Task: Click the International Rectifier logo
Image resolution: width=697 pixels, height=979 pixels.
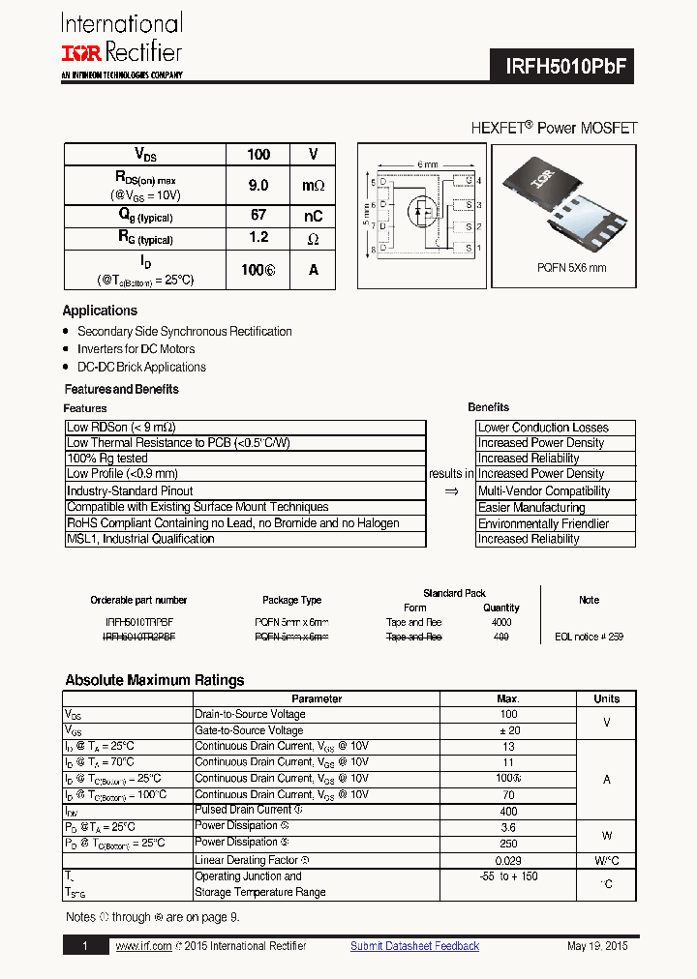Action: coord(121,44)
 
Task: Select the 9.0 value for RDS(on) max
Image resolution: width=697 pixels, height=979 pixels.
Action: coord(258,185)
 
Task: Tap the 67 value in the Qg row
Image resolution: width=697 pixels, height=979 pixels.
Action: coord(258,216)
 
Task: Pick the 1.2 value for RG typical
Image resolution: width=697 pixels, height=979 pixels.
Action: coord(258,238)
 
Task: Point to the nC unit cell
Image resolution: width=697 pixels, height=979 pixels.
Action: coord(313,216)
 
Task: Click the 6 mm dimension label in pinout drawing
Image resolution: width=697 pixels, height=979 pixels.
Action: coord(428,164)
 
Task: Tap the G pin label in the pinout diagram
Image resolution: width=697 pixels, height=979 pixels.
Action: coord(468,181)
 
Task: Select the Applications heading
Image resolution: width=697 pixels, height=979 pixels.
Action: coord(100,311)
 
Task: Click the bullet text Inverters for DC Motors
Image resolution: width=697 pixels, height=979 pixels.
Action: coord(136,349)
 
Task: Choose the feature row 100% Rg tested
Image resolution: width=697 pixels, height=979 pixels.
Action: coord(107,459)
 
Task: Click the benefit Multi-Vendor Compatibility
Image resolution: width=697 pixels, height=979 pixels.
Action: coord(544,491)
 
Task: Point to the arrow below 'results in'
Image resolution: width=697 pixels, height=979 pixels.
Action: coord(451,491)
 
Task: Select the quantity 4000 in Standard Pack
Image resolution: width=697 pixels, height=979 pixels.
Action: coord(501,623)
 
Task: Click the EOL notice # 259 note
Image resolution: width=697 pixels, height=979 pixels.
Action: coord(589,638)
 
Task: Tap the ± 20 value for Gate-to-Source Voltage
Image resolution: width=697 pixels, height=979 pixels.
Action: coord(508,730)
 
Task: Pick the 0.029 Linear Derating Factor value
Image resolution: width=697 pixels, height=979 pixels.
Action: coord(508,860)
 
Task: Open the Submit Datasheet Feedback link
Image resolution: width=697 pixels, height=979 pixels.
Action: coord(414,946)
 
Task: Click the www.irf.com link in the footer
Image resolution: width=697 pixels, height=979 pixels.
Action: coord(143,946)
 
